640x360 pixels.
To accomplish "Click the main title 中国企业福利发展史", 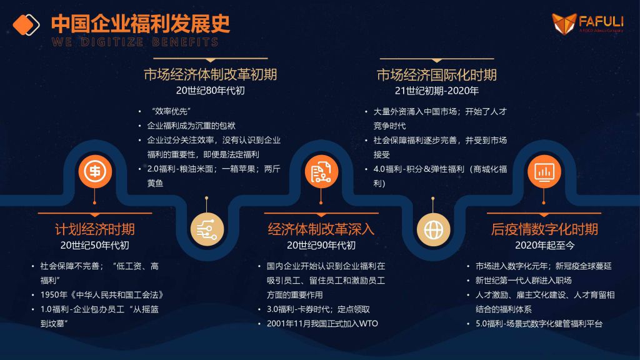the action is coord(141,24).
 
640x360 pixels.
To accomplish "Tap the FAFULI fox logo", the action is coord(564,23).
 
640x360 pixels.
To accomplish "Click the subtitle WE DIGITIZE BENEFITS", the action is coord(135,42).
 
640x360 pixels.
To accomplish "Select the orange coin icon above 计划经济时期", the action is coord(95,171).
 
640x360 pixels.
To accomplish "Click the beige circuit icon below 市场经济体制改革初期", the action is coord(207,229).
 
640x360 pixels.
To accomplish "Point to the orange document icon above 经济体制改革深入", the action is coord(321,171).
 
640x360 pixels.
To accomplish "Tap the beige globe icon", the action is coord(433,229).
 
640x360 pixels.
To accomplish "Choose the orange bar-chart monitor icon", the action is coord(544,171).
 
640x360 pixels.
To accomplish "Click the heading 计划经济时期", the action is coord(95,229).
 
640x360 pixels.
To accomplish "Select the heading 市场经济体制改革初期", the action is coord(210,75).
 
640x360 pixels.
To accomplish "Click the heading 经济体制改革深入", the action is coord(321,229).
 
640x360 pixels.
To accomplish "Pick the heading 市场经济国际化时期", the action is coord(437,75).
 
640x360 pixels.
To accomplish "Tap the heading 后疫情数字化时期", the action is coord(544,229).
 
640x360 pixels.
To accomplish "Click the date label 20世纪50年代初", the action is coord(95,245).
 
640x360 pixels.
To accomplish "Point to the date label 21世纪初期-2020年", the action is coord(437,91).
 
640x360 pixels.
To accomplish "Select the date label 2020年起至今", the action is coord(544,245).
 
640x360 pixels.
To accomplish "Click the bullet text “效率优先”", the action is coord(171,111).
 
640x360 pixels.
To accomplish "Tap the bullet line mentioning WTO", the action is coord(322,324).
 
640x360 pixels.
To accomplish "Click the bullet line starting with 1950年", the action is coord(102,295).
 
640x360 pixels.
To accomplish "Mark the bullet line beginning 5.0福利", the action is coord(539,324).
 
